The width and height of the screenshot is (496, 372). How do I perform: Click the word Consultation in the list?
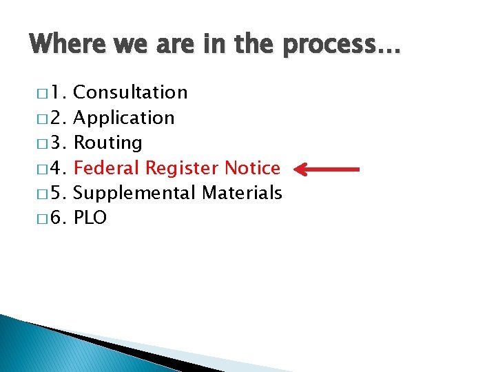coord(130,92)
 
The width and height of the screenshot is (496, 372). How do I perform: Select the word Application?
coord(124,118)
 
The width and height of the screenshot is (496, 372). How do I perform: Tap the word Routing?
coord(107,143)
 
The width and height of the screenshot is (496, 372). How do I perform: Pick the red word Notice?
coord(253,168)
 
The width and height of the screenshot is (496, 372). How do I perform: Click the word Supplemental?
coord(134,194)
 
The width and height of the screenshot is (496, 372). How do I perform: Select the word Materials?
coord(242,193)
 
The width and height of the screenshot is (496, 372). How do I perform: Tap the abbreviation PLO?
coord(90,218)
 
